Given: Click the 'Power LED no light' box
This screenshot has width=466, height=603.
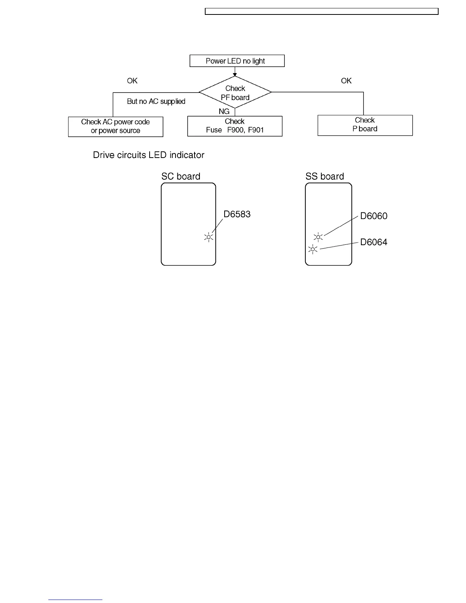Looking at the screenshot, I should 237,61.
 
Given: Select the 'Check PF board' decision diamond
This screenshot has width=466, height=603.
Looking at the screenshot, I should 235,93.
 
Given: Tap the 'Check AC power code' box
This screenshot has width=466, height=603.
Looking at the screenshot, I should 115,126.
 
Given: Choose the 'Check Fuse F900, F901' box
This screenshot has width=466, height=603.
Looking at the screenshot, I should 235,126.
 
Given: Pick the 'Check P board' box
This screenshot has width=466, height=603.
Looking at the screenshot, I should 365,125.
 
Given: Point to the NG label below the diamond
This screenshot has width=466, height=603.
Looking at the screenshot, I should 224,112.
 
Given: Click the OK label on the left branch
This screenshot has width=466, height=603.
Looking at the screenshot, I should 132,81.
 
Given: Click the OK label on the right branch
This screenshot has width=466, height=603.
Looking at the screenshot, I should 346,81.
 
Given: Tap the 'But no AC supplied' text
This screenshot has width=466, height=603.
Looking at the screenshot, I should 156,101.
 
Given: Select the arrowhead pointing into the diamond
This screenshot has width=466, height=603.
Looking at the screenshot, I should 235,75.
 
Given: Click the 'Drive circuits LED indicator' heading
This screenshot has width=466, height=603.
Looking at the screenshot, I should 148,155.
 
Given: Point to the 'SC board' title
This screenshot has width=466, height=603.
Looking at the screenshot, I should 181,176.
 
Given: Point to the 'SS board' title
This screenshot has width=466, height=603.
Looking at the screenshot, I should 325,176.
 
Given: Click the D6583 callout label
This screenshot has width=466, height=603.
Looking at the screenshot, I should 237,214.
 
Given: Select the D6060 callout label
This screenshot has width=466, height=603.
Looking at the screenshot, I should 374,216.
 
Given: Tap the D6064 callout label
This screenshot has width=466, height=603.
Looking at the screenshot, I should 374,242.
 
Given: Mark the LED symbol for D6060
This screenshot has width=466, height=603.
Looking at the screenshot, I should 318,237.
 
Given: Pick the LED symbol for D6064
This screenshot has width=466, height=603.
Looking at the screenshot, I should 313,249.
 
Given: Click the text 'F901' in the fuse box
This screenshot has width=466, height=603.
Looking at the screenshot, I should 256,130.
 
